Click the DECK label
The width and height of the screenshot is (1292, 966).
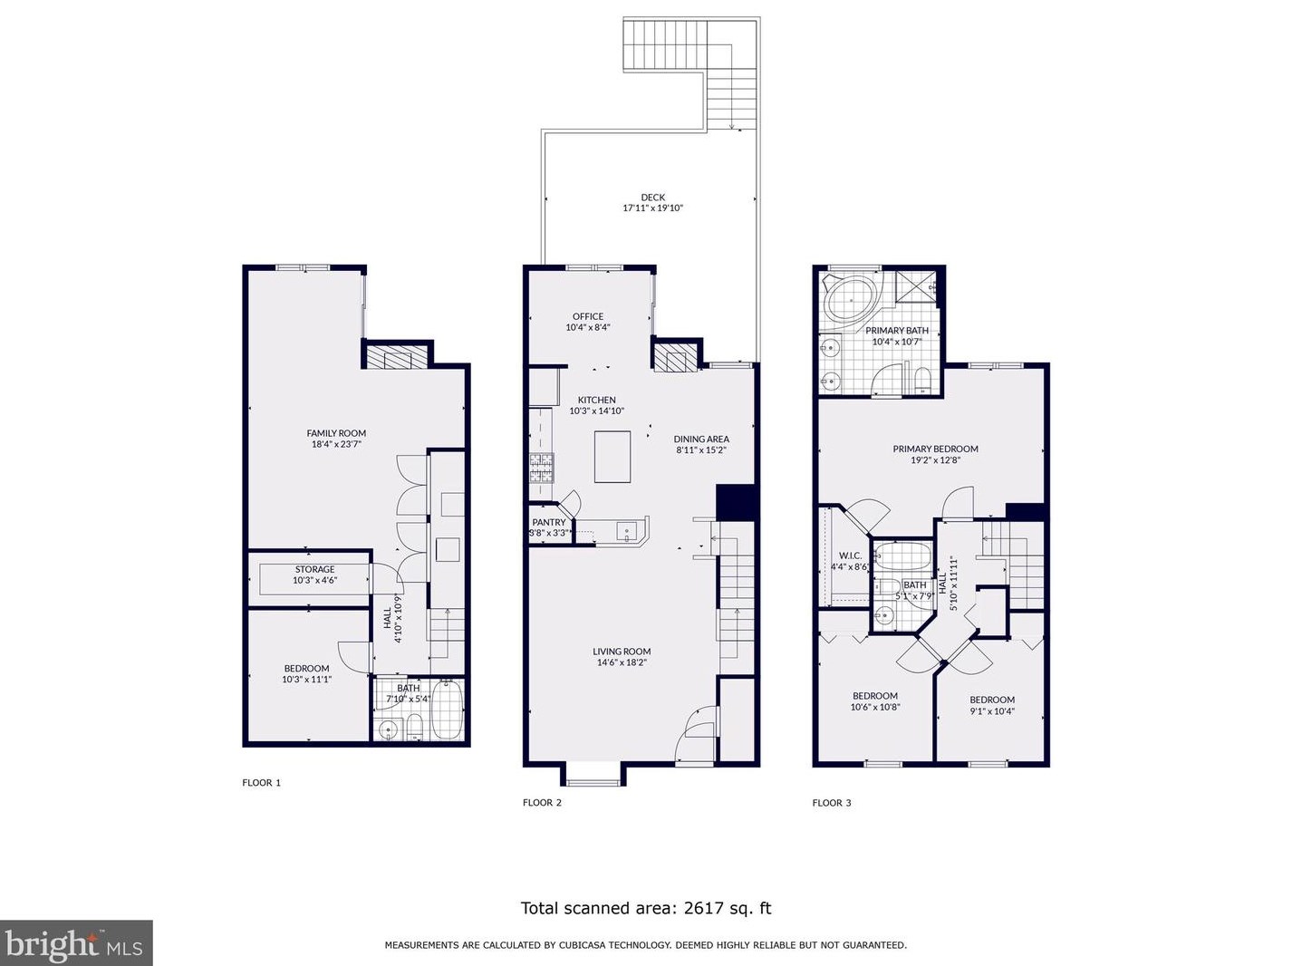[652, 198]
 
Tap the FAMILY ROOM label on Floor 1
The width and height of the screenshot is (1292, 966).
[336, 433]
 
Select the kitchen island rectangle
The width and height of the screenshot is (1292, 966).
[612, 457]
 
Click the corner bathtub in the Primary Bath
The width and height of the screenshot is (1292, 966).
[852, 296]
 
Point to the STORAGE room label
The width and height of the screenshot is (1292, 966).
[314, 569]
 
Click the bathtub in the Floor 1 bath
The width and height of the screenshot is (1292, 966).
[447, 710]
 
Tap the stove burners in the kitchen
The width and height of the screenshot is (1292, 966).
[541, 467]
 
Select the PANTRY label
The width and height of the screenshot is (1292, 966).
[548, 522]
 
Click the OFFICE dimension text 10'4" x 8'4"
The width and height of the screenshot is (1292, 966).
[587, 328]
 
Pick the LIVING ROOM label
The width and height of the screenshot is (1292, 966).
[622, 651]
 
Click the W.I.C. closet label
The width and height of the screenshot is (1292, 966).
[850, 555]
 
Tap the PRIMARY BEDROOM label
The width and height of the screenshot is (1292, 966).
[935, 449]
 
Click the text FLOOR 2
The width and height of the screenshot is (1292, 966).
[542, 802]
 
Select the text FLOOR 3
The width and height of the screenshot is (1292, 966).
[831, 802]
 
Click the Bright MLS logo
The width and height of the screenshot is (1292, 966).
[76, 943]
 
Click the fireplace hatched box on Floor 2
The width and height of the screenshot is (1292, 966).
[678, 358]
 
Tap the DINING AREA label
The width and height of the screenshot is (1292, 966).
[701, 439]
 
